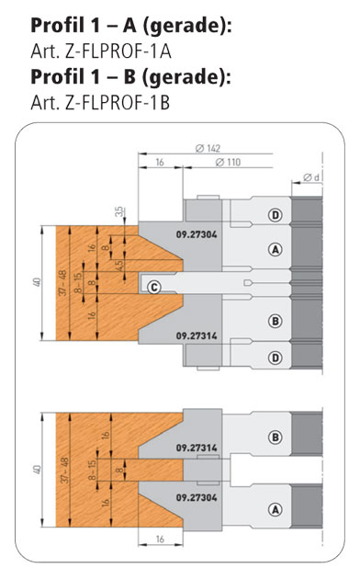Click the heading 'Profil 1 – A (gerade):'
[x=131, y=27]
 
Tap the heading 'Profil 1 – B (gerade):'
[x=130, y=77]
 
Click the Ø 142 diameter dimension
[x=208, y=149]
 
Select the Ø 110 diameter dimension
[x=228, y=162]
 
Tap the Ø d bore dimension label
[x=311, y=177]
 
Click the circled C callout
[x=153, y=287]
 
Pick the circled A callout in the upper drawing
[x=276, y=250]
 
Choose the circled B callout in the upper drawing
[x=276, y=321]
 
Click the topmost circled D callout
[x=276, y=215]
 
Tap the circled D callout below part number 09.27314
[x=276, y=358]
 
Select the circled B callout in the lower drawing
[x=276, y=437]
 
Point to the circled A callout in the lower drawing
[x=276, y=510]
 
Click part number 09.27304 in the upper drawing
[x=197, y=234]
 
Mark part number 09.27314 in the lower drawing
[x=197, y=448]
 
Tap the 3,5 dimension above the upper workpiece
[x=118, y=212]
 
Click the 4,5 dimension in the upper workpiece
[x=118, y=266]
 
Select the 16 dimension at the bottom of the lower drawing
[x=160, y=539]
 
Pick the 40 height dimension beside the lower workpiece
[x=38, y=470]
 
